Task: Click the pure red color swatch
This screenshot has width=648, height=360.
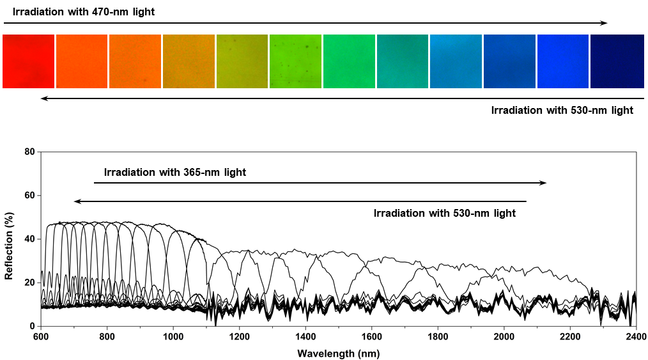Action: (x=28, y=61)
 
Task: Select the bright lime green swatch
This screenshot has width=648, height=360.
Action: (x=295, y=61)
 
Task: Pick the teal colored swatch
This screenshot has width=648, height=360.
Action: (x=402, y=61)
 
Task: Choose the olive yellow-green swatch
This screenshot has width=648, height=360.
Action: (x=242, y=61)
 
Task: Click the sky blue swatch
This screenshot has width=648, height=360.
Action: (x=456, y=61)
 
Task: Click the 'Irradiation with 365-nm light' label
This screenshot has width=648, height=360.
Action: (x=175, y=173)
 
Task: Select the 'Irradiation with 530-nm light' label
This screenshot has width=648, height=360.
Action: (x=444, y=213)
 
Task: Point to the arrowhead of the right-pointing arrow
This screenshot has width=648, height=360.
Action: (x=543, y=183)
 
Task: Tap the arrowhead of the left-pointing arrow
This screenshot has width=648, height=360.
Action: (x=77, y=201)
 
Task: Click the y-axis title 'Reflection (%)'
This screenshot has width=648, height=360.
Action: (x=9, y=240)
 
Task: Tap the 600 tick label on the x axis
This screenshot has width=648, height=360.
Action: (x=40, y=335)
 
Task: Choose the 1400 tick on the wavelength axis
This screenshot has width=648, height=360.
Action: (x=305, y=335)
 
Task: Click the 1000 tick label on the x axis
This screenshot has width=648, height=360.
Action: (x=173, y=335)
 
